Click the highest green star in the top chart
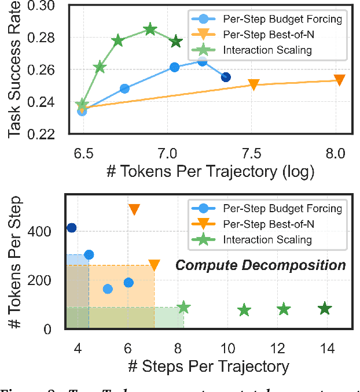(x=150, y=29)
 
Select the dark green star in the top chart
(x=177, y=42)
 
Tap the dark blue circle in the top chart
(x=226, y=77)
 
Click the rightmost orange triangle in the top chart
(x=340, y=80)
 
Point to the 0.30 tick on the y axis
(x=54, y=6)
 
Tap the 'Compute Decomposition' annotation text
(x=260, y=265)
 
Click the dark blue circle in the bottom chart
(x=71, y=228)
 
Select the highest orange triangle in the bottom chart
(x=134, y=209)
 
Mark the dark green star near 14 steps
(x=325, y=309)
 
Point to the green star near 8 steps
(x=183, y=308)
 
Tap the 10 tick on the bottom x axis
(x=227, y=349)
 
